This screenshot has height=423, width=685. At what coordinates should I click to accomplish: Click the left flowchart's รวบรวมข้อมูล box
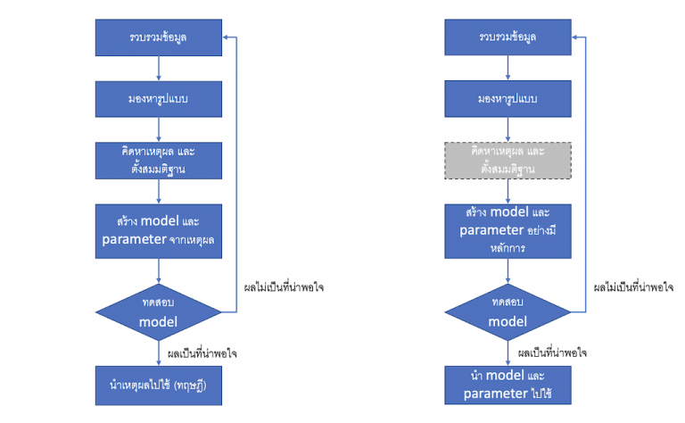[158, 38]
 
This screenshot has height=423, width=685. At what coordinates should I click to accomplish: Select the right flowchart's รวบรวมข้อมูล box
[508, 38]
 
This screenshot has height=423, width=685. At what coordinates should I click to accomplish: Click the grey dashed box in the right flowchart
[508, 160]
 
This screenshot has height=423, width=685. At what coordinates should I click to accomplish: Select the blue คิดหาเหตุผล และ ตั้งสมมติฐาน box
[158, 160]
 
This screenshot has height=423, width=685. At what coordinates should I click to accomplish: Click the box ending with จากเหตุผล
[158, 231]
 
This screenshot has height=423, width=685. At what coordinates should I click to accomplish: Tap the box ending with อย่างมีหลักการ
[508, 231]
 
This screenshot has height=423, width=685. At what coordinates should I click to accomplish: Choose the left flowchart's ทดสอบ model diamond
[158, 311]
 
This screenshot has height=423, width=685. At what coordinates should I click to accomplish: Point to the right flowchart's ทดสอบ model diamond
[508, 311]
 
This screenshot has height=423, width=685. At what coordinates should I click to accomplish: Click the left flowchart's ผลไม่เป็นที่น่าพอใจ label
[284, 288]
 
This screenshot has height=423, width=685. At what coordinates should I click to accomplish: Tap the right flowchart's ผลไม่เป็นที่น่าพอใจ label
[634, 288]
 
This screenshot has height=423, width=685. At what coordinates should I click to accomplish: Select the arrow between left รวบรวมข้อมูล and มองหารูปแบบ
[158, 69]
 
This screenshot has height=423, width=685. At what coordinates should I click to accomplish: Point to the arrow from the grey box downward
[508, 190]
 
